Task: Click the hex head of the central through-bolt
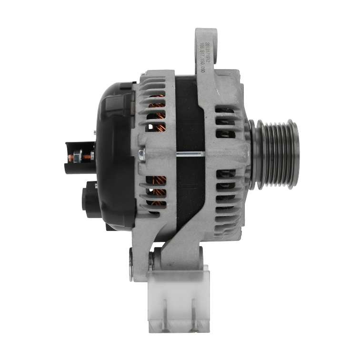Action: coord(141,154)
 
